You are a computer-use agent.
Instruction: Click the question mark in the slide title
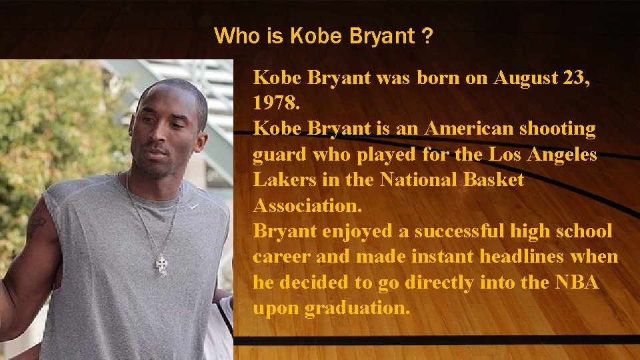point(425,36)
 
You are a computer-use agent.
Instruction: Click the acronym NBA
point(577,283)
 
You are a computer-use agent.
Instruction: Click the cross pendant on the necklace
point(161,265)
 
